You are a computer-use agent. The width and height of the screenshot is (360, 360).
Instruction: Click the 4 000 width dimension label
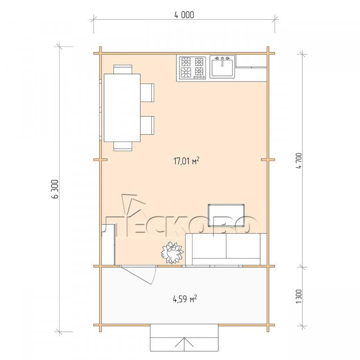point(184,15)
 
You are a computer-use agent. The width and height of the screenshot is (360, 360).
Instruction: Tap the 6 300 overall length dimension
point(56,189)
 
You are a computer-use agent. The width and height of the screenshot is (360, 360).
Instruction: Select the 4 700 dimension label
point(299,160)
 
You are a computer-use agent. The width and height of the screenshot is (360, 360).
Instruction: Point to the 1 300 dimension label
point(299,296)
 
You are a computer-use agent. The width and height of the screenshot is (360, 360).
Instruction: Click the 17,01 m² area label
point(186,161)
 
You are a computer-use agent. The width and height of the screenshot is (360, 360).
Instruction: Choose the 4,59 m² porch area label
point(185,299)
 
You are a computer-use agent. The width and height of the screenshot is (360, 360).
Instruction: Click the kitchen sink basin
point(222,67)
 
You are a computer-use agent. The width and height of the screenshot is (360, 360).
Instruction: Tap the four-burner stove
point(192,67)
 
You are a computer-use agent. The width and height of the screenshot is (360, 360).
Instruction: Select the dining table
point(122,108)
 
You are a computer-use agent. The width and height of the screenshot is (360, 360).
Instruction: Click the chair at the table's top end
point(123,69)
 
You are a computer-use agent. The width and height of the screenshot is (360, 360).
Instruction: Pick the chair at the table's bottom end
point(123,146)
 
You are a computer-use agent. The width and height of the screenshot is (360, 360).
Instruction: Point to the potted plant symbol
point(172,252)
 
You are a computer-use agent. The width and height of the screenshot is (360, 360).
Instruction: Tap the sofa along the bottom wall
point(226,249)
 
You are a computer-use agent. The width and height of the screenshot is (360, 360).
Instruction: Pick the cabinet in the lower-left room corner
point(108,245)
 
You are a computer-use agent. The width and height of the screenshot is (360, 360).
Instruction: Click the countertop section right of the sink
point(251,61)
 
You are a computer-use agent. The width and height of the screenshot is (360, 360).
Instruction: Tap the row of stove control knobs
point(199,77)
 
